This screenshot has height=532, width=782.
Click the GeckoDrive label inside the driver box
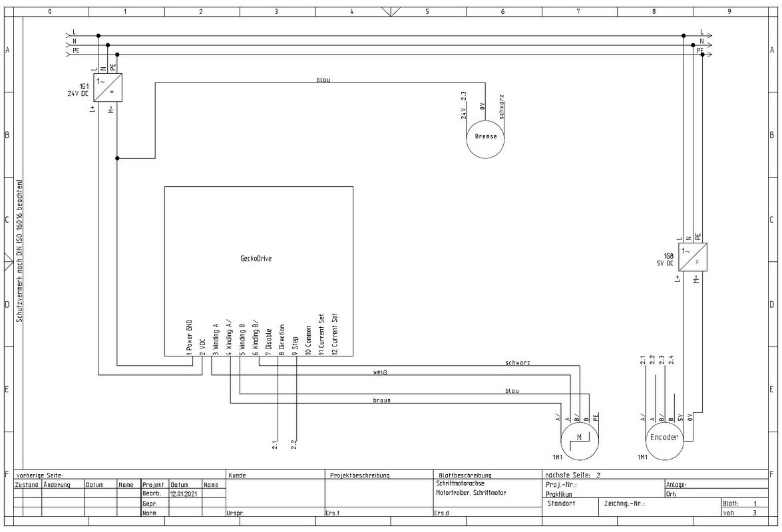(256, 259)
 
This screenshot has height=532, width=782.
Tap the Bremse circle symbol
(485, 140)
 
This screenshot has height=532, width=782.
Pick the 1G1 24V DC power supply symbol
(108, 88)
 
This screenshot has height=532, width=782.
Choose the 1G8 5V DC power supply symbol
(693, 257)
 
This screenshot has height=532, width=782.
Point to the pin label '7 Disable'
(268, 342)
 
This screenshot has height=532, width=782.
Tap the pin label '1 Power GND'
(189, 337)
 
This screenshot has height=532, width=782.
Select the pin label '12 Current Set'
(335, 334)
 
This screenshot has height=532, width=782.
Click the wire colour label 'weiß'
(380, 372)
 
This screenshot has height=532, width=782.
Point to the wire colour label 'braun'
(381, 400)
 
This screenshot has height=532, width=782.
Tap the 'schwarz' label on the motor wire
(517, 362)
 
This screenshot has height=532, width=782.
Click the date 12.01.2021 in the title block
(184, 493)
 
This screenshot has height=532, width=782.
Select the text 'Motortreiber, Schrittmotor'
(471, 493)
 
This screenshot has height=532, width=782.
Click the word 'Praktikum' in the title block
(559, 495)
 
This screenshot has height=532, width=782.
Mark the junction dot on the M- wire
(117, 158)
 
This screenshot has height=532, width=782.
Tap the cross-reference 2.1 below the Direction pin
(275, 444)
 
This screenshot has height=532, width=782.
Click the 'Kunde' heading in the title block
(237, 475)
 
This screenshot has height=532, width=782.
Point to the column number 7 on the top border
(578, 11)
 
